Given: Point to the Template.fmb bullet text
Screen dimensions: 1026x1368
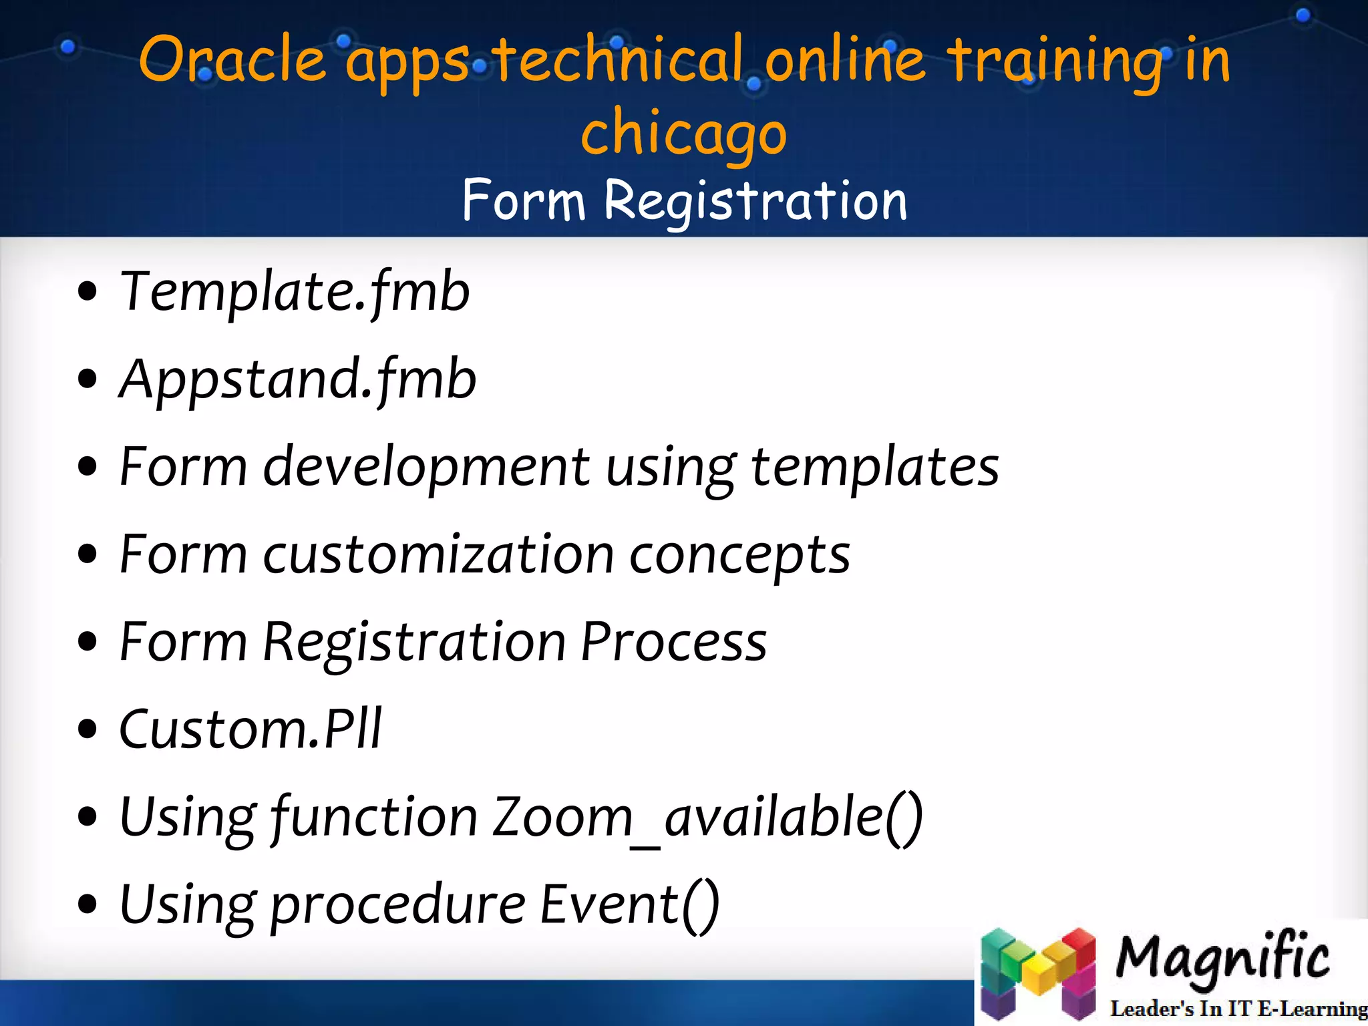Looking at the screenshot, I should pos(295,292).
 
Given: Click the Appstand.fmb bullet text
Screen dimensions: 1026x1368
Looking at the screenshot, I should pos(298,379).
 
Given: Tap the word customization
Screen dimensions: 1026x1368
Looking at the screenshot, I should pos(438,554).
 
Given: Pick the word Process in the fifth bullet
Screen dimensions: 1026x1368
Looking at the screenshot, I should pos(673,642).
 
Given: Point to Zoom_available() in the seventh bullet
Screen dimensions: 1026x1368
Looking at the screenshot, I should pos(707,817).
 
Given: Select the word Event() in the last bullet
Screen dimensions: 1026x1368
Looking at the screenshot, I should pos(629,904).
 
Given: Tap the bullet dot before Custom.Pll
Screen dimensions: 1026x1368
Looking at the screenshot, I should pos(88,729).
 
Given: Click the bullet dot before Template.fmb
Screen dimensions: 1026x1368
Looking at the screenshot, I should pos(88,292).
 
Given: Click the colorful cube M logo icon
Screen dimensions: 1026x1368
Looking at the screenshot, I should pos(1038,973).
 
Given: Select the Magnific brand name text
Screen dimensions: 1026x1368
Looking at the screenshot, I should pos(1222,957).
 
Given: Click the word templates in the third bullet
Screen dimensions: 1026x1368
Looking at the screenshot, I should pos(874,468).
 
